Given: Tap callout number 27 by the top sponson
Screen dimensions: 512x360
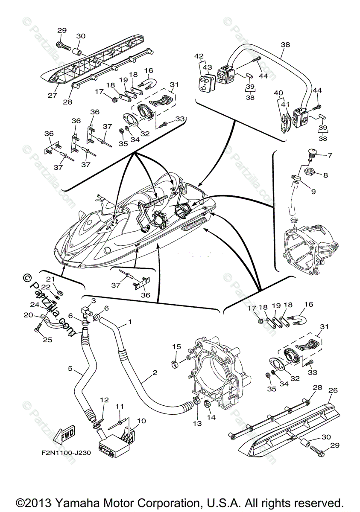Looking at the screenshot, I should tap(52, 95).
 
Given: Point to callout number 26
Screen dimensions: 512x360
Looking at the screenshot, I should tap(333, 390).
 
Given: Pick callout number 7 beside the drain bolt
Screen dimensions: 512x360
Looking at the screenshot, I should tap(329, 155).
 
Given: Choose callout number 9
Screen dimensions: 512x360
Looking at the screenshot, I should tap(313, 192).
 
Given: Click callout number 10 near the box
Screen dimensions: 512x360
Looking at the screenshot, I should tap(141, 421).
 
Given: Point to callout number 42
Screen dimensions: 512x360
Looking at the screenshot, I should tap(199, 56).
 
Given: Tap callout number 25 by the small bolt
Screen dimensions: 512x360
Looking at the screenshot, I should tap(41, 339).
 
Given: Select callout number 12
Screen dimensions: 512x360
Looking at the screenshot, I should tap(104, 400).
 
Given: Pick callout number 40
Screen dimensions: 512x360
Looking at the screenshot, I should tap(278, 93).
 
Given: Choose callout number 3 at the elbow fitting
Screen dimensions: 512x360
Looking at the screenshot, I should tap(94, 301).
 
